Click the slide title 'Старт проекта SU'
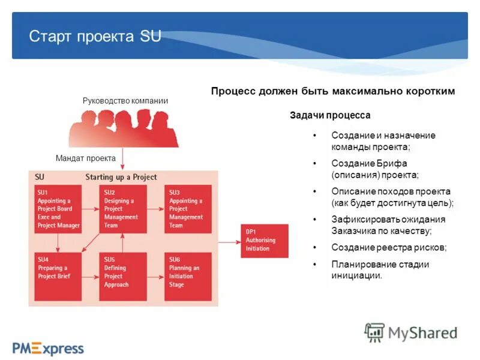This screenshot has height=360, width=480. click(x=95, y=36)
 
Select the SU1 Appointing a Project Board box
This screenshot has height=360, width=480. click(x=58, y=209)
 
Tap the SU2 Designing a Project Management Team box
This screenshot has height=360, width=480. click(x=122, y=209)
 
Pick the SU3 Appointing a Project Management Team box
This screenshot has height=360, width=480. click(x=188, y=209)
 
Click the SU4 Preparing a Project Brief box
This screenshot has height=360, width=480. click(x=58, y=276)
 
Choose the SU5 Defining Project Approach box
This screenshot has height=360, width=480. click(x=122, y=276)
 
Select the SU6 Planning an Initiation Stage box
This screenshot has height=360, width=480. click(x=188, y=276)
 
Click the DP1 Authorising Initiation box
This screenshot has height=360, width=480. click(x=264, y=241)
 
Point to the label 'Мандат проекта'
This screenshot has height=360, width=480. click(x=85, y=158)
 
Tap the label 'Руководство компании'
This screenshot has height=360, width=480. click(x=125, y=101)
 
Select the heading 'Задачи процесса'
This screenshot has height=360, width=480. click(x=330, y=115)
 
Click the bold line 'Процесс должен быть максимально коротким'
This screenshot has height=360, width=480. click(x=333, y=91)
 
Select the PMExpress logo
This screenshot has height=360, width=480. click(x=49, y=347)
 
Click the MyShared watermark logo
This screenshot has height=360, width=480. click(x=411, y=332)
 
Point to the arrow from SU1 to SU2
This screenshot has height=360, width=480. click(x=89, y=209)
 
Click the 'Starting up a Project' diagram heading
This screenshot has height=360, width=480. click(x=121, y=177)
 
